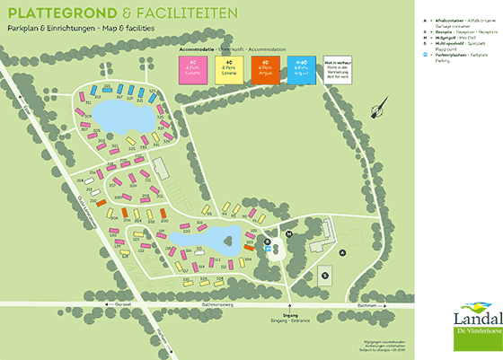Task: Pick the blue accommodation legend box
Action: pyautogui.click(x=303, y=71)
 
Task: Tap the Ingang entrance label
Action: pyautogui.click(x=289, y=314)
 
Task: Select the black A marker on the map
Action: pyautogui.click(x=342, y=253)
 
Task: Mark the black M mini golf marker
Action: pyautogui.click(x=289, y=233)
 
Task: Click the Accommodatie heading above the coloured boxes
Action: pyautogui.click(x=205, y=48)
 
